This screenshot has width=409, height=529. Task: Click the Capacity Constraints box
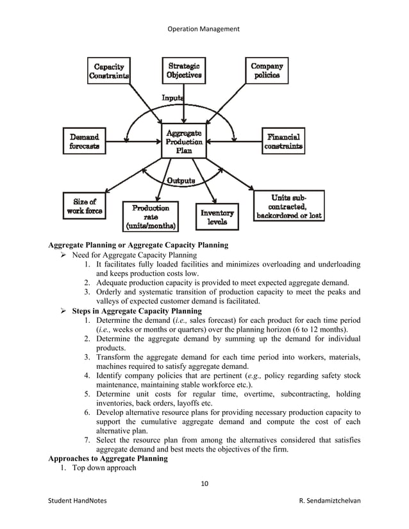tap(110, 70)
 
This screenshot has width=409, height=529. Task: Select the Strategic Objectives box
tap(184, 70)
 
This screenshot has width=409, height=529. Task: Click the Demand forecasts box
tap(84, 142)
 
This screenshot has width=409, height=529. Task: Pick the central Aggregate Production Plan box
tap(184, 141)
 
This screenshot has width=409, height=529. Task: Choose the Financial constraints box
tap(283, 142)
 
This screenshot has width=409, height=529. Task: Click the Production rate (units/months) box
tap(151, 216)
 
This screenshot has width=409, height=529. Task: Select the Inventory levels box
tap(217, 216)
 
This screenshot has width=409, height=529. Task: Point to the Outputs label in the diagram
tap(181, 181)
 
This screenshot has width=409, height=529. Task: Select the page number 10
tap(204, 482)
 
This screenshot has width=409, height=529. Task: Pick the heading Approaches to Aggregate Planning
tap(108, 459)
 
